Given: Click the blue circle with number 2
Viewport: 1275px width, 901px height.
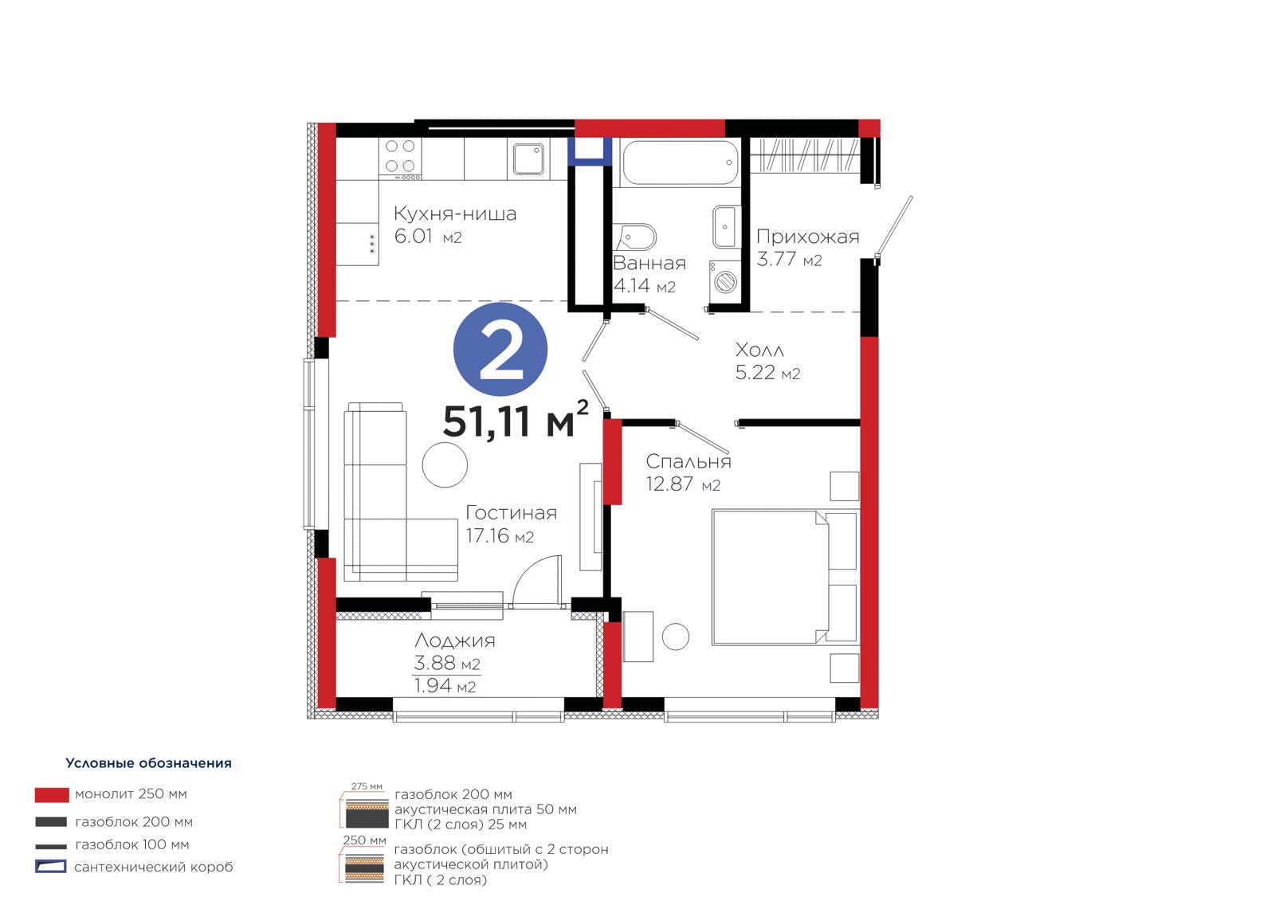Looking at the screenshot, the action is [500, 350].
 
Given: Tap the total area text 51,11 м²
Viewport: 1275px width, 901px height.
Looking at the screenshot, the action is [515, 420].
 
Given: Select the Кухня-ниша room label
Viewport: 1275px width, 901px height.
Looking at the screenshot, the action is [455, 214].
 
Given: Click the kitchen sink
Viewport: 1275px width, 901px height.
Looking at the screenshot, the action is [528, 159].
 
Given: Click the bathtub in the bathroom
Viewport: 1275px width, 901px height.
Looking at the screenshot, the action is [681, 163].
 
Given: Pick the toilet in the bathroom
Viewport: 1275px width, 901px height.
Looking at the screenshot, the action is [637, 237].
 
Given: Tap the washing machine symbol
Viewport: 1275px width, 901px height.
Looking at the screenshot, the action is [724, 281].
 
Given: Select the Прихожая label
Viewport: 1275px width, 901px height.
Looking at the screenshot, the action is [807, 237].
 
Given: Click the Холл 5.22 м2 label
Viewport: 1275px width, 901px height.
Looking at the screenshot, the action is [767, 361].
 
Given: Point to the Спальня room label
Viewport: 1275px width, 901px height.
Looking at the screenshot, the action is [688, 461].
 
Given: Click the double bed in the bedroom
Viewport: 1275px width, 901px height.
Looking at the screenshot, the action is [784, 578].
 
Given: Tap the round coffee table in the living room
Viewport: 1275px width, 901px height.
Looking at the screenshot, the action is [445, 464].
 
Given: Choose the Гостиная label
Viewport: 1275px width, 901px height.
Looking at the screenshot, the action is [511, 513].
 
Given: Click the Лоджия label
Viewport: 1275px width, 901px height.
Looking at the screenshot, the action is [454, 640].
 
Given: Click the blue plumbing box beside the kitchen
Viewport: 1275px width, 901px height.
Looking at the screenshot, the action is [590, 151].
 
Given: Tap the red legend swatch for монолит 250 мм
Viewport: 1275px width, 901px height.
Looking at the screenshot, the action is [52, 794].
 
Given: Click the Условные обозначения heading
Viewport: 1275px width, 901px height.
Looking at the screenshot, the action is [148, 763].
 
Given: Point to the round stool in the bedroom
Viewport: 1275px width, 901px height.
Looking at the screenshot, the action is [676, 637].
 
